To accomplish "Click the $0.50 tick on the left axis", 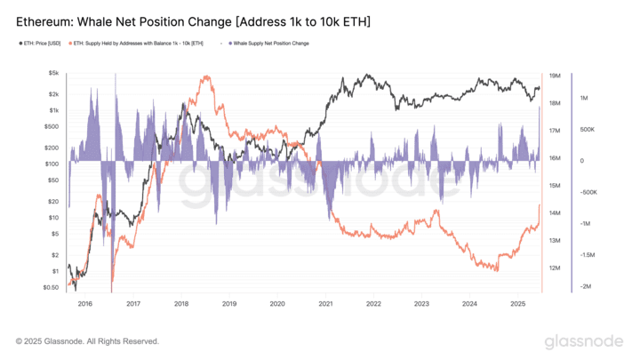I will pyautogui.click(x=52, y=287).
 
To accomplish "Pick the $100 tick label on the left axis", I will pyautogui.click(x=52, y=164).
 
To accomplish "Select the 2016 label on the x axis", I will pyautogui.click(x=84, y=303).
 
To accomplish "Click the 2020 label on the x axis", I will pyautogui.click(x=277, y=303).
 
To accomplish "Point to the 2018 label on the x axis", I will pyautogui.click(x=181, y=303).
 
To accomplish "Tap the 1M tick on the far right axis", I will pyautogui.click(x=585, y=98).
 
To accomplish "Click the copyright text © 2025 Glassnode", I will pyautogui.click(x=87, y=341).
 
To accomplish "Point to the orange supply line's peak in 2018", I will pyautogui.click(x=207, y=76).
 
